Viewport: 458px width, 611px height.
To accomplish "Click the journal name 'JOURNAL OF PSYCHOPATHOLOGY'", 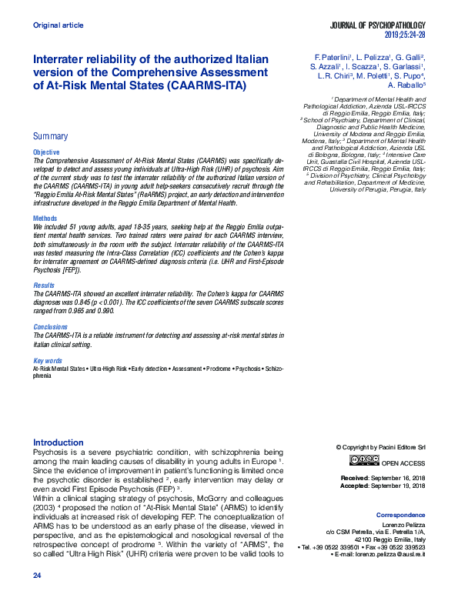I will [x=377, y=26].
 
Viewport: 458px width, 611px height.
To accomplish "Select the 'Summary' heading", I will [x=50, y=136].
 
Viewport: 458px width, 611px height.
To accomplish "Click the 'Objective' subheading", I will [x=45, y=153].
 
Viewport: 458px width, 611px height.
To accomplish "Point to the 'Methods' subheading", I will [x=45, y=219].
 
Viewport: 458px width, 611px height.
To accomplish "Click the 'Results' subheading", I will [x=44, y=284].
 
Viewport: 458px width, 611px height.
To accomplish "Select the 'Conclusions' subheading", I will [x=50, y=326].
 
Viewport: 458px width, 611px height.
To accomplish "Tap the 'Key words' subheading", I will [x=47, y=360].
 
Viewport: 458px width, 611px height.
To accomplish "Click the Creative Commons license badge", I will [x=364, y=460].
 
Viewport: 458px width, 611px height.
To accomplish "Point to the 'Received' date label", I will [x=355, y=478].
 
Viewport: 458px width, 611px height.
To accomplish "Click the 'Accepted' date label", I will [x=355, y=486].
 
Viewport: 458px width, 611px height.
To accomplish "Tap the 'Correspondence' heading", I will [x=400, y=514].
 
